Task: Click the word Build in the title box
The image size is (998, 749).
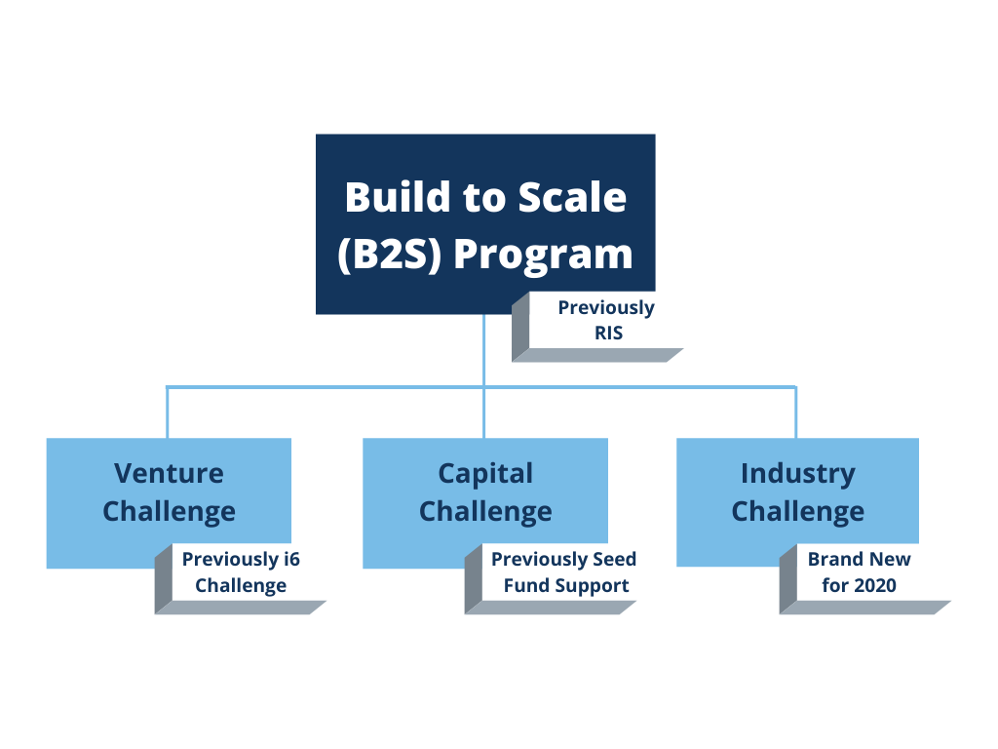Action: click(399, 197)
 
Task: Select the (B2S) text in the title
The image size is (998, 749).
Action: click(390, 255)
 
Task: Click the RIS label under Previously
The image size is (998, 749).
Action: click(608, 334)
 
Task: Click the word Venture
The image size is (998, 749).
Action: click(169, 473)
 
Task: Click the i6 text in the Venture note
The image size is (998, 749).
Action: click(291, 559)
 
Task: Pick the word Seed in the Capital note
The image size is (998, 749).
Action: click(614, 559)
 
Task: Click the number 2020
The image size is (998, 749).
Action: click(876, 585)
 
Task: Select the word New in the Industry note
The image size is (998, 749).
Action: click(890, 559)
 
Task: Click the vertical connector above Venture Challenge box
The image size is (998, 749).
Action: click(168, 413)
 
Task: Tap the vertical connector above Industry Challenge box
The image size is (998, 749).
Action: click(795, 413)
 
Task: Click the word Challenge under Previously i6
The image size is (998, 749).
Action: click(241, 586)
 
